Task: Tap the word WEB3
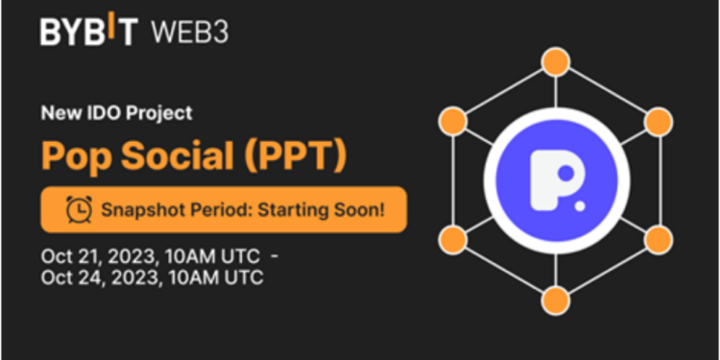click(x=189, y=31)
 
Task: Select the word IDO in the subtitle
click(x=96, y=113)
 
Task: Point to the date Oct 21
click(x=67, y=257)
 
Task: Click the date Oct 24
click(x=67, y=278)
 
